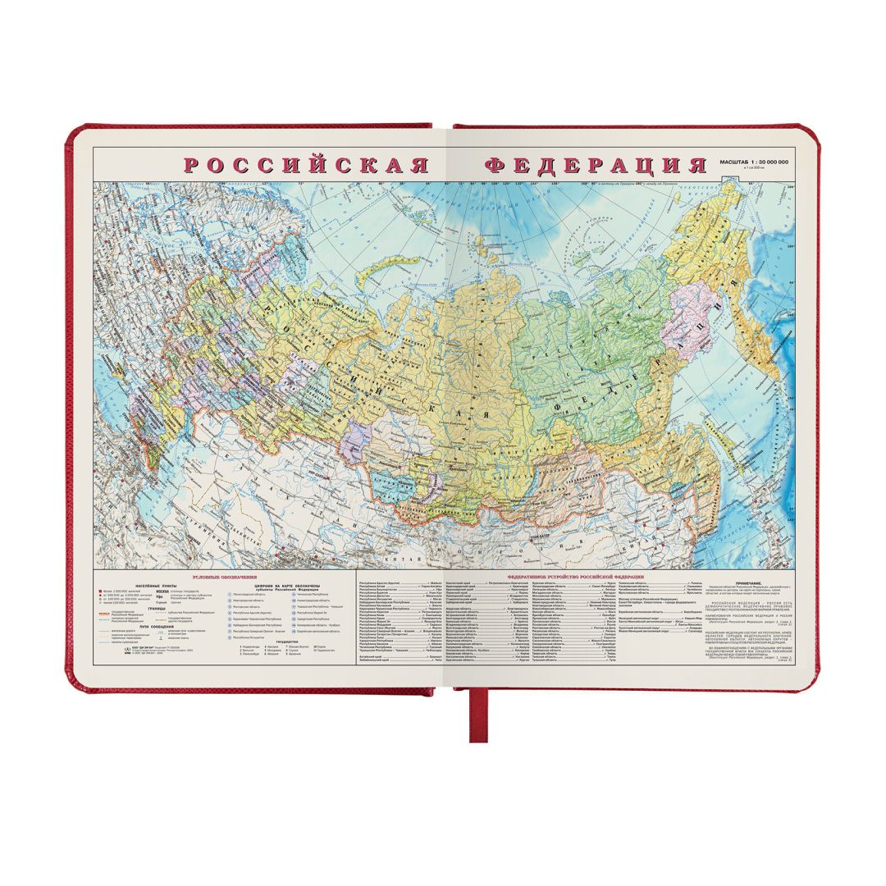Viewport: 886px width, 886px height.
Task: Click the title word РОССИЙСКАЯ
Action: [306, 165]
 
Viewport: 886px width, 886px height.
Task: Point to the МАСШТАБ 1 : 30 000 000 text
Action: [753, 162]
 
